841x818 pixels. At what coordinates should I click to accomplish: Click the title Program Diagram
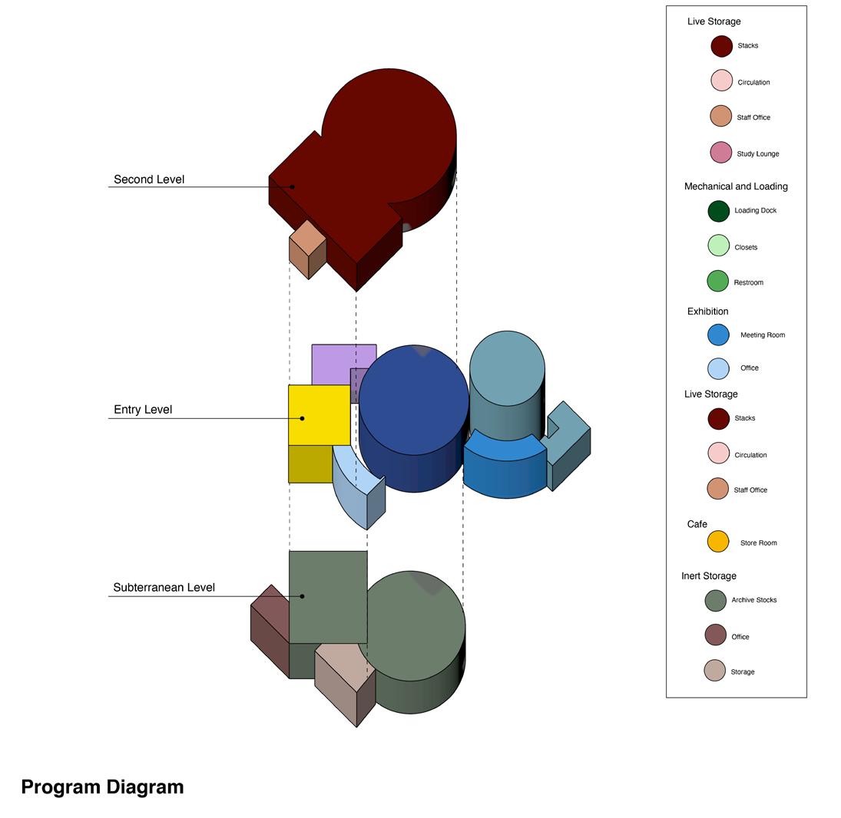click(102, 787)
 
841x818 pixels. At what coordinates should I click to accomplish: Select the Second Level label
click(149, 180)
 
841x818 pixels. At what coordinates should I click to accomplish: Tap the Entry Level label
click(143, 410)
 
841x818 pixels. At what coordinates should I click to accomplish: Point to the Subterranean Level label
click(164, 588)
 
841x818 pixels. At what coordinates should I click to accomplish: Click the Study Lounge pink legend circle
click(720, 153)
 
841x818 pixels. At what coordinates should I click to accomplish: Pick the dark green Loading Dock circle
click(718, 210)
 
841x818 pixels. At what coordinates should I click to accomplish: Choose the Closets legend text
click(745, 247)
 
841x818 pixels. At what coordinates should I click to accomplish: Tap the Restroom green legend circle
click(717, 282)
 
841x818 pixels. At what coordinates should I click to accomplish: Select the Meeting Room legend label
click(762, 335)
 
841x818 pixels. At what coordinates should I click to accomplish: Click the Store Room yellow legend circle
click(717, 542)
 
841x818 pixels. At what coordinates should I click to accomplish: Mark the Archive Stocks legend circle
click(715, 600)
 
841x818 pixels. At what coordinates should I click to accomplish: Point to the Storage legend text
click(742, 671)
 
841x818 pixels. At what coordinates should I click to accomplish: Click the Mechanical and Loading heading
click(736, 186)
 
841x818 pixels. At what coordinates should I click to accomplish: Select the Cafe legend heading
click(697, 524)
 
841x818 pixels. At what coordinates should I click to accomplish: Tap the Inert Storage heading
click(708, 576)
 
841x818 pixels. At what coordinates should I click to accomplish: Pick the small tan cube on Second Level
click(308, 236)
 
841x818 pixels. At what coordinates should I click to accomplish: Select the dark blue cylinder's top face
click(414, 399)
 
